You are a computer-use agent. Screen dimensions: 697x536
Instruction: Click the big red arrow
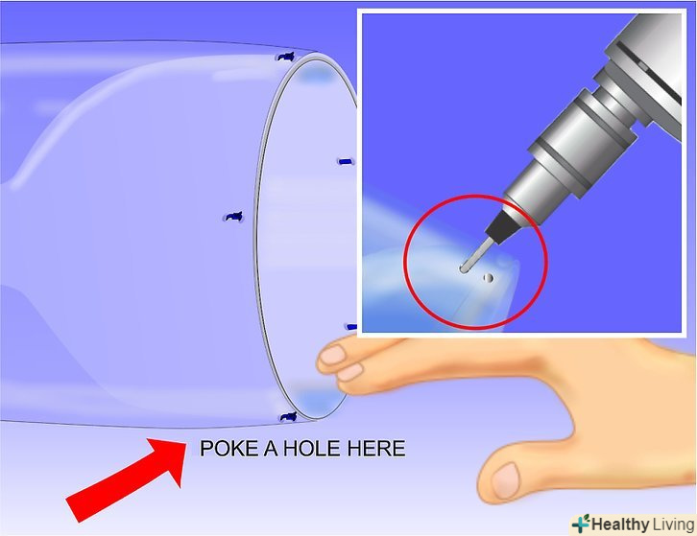click(127, 479)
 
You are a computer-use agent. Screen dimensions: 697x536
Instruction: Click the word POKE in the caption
click(229, 449)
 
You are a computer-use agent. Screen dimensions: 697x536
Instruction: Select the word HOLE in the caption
click(313, 449)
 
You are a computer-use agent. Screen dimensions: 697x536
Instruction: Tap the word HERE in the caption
click(376, 449)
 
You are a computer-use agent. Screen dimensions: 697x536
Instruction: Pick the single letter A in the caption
click(271, 449)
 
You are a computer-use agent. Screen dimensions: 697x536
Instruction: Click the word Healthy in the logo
click(620, 524)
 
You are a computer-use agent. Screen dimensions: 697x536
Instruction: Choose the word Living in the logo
click(674, 524)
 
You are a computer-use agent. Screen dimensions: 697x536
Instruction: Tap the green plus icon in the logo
click(581, 524)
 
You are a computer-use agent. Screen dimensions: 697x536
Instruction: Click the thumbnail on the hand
click(505, 480)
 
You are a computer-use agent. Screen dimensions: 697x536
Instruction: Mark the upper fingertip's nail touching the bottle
click(333, 356)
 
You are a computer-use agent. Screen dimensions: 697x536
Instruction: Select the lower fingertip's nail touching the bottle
click(349, 372)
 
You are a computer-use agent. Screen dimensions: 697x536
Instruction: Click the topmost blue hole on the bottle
click(286, 58)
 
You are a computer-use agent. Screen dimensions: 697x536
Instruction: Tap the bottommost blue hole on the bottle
click(288, 417)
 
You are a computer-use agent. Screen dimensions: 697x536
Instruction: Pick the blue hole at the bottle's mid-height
click(234, 217)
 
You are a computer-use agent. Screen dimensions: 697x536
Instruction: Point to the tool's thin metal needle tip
click(464, 269)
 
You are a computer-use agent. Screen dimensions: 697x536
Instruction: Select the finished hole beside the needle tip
click(488, 278)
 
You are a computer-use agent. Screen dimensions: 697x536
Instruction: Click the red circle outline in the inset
click(545, 262)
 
